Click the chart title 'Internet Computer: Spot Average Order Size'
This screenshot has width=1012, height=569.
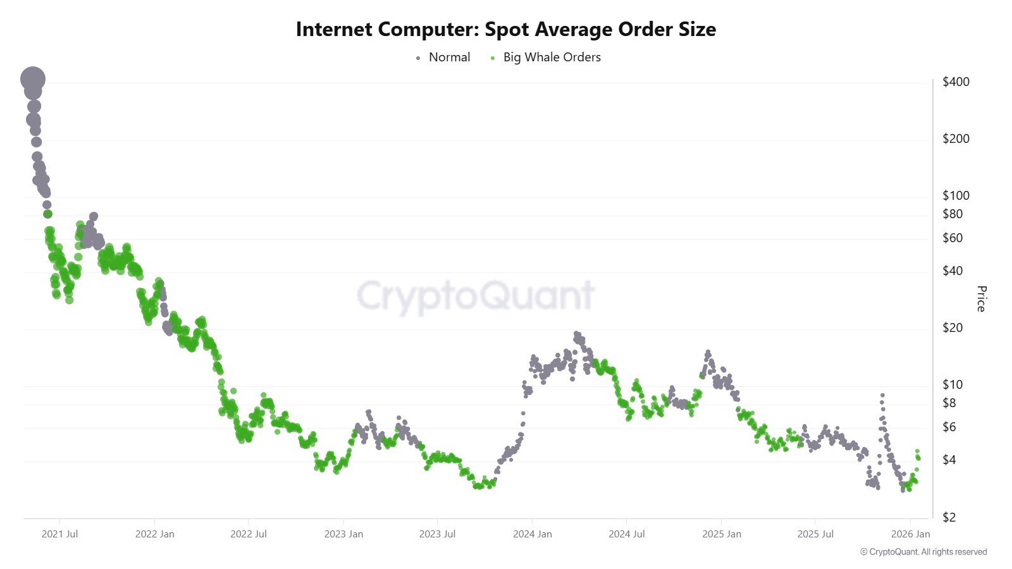tap(506, 29)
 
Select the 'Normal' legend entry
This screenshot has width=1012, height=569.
tap(449, 58)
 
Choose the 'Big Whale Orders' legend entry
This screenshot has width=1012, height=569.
tap(552, 58)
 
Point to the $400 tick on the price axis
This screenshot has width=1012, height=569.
tap(956, 82)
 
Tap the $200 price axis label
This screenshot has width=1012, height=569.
tap(956, 138)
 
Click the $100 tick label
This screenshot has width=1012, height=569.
tap(956, 195)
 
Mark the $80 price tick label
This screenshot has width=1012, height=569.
tap(953, 214)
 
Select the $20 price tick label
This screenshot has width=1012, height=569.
tap(953, 327)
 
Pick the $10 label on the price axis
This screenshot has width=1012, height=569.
tap(953, 384)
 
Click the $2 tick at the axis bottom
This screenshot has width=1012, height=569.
tap(949, 517)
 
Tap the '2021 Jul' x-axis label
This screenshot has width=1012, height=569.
tap(59, 534)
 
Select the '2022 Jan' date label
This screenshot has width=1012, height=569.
tap(154, 534)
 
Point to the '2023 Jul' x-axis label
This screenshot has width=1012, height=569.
tap(437, 534)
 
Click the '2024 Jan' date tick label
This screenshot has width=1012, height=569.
tap(532, 534)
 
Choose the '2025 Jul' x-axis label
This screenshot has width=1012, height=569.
tap(815, 534)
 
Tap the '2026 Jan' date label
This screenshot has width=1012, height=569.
tap(910, 534)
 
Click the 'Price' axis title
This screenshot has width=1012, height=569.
tap(981, 298)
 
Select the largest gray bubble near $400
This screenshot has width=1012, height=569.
tap(33, 80)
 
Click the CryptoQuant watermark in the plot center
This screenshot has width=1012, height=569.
tap(476, 295)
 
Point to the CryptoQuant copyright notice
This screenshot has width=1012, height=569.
tap(923, 552)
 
